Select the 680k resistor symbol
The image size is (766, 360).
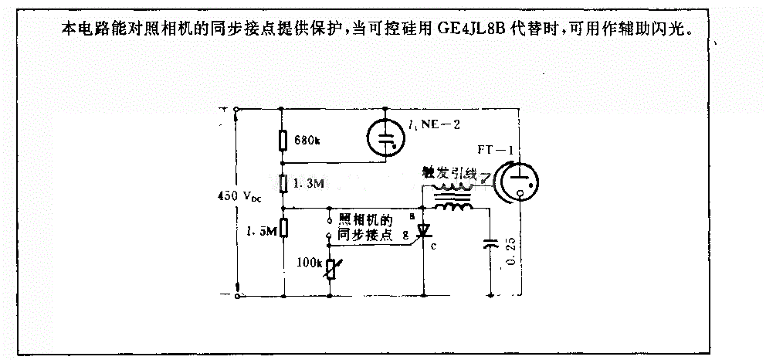[x=283, y=140]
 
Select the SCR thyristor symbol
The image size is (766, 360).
[x=423, y=231]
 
